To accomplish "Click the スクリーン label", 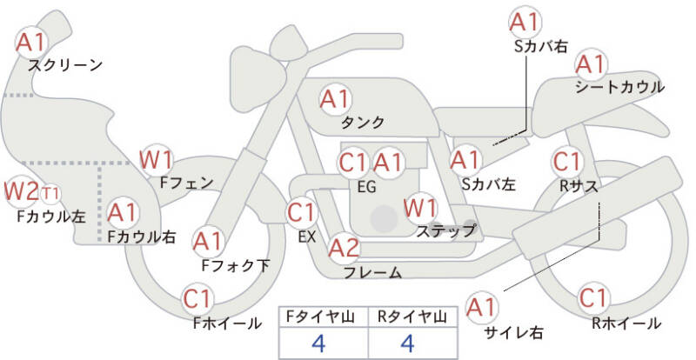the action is tap(66, 65).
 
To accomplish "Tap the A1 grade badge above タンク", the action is tap(335, 99).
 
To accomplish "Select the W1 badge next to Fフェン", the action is tap(157, 160).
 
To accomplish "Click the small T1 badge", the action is tap(50, 194).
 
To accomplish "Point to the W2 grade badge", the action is tap(21, 191).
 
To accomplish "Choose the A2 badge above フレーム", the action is tap(344, 248).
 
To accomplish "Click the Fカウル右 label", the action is tap(142, 237).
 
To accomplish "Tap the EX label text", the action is tap(307, 237).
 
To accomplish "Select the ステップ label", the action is tap(445, 230).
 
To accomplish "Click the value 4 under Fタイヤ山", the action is tap(318, 343).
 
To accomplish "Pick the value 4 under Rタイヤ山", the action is tap(407, 343).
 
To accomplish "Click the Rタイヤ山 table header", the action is tap(412, 317).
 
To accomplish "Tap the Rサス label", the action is tap(579, 186).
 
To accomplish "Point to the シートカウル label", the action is tap(620, 87).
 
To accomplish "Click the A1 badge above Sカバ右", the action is tap(525, 23).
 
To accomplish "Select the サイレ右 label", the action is tap(513, 332).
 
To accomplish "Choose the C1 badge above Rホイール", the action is tap(593, 298).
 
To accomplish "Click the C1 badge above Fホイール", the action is tap(197, 299).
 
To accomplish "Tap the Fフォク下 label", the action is tap(235, 265).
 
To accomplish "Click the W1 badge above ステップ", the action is tap(420, 207).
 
